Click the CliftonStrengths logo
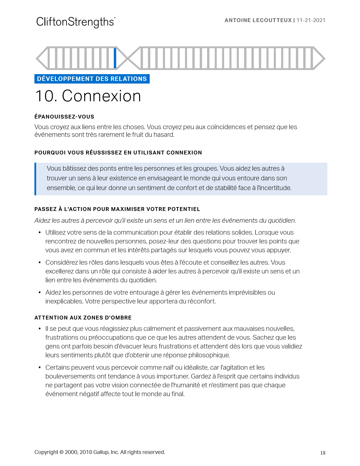coord(76,22)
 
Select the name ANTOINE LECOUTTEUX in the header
coord(258,20)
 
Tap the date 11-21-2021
coord(311,20)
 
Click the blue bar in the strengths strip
coord(115,58)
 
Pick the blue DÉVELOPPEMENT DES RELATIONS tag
coord(92,79)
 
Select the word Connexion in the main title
coord(101,96)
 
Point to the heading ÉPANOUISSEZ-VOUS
coord(64,117)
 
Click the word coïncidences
coord(226,127)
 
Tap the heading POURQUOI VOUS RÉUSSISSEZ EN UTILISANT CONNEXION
coord(118,153)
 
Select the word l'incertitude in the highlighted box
coord(274,188)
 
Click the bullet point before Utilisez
coord(40,233)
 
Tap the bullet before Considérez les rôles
coord(40,263)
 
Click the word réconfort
coord(201,302)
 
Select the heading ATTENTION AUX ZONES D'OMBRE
coord(83,318)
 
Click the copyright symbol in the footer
coord(61,452)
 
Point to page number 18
coord(323,453)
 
